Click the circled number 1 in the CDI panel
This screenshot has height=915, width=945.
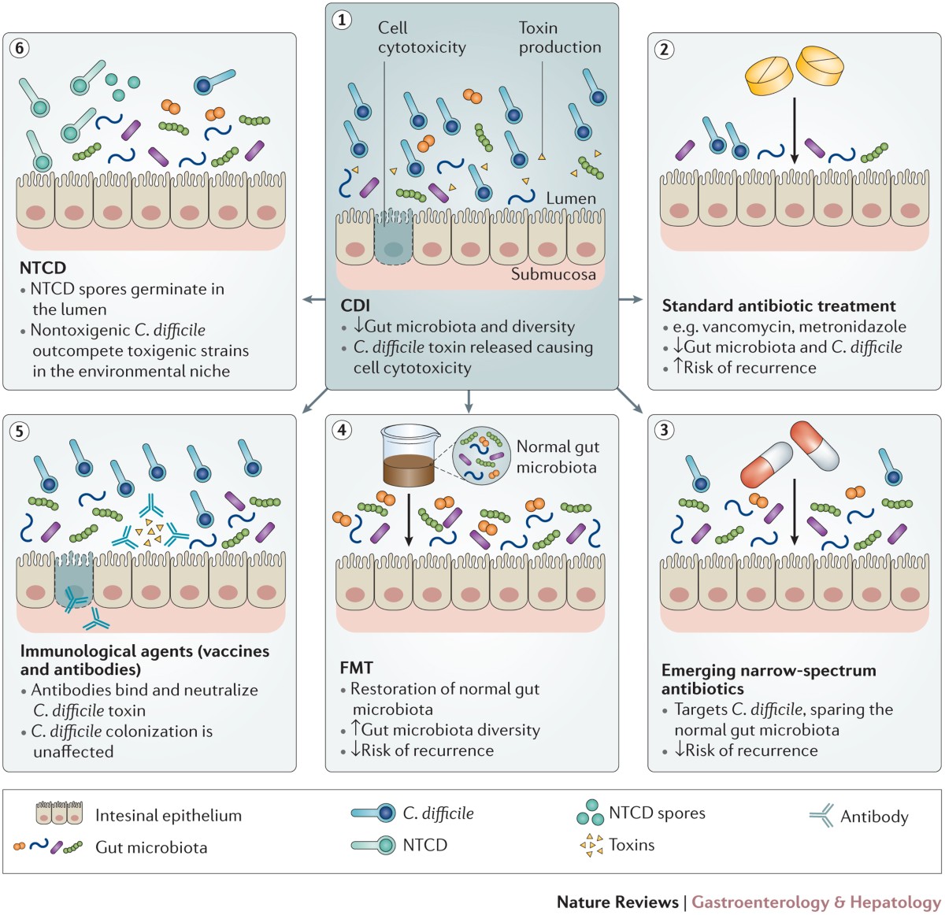342,20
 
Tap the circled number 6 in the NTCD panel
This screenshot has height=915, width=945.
19,48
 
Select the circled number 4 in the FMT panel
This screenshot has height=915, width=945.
342,430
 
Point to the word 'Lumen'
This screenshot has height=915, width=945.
571,198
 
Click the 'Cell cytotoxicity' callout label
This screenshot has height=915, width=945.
421,38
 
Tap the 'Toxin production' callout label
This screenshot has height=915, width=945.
559,38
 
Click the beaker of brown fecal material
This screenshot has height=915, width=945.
409,456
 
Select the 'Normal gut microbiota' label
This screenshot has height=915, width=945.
558,457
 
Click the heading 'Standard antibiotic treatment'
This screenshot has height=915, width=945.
779,306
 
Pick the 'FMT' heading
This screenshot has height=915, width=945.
357,668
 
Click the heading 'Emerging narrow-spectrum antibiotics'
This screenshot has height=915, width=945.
769,679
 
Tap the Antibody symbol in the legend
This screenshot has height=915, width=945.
821,817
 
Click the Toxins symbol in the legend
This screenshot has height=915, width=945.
591,846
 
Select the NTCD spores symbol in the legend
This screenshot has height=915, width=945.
591,813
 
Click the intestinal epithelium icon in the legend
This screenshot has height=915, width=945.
59,813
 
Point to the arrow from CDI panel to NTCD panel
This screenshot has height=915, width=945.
313,299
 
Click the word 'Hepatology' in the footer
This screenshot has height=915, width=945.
895,902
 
